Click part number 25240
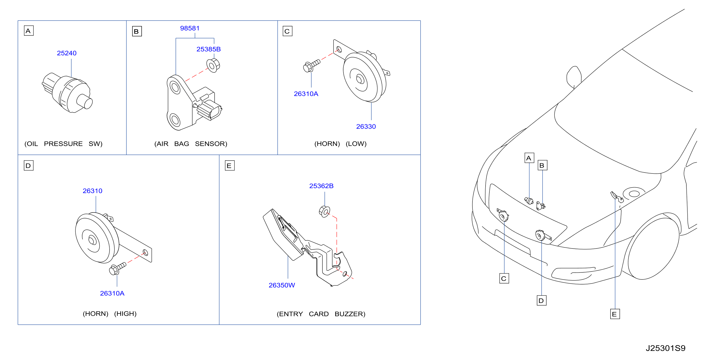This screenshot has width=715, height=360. [67, 53]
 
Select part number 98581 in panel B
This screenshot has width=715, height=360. [190, 28]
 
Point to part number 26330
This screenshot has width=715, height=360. [366, 127]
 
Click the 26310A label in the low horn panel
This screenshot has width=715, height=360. [306, 94]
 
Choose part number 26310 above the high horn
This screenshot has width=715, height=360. [92, 191]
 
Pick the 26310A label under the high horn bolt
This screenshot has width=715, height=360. [112, 293]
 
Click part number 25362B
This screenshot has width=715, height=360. [321, 186]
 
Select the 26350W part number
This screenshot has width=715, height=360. [282, 285]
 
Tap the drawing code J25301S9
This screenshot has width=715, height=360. [665, 348]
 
